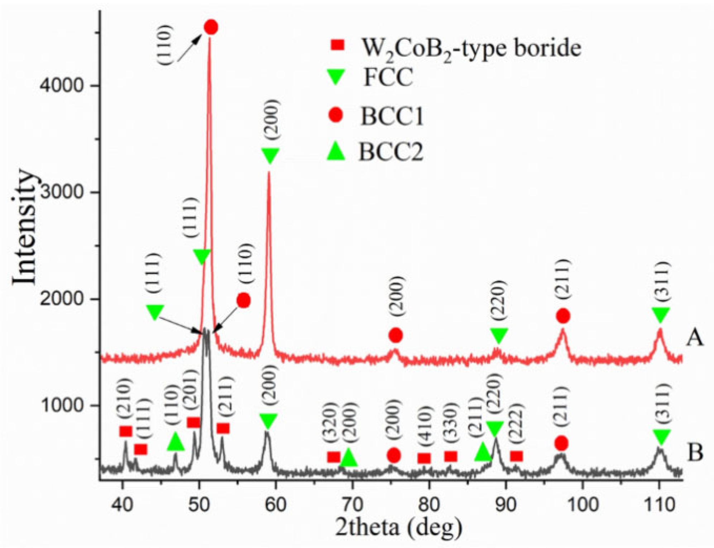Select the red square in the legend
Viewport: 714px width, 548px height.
pos(337,45)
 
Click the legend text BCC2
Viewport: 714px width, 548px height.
pos(391,152)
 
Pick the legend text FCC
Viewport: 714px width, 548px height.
pos(388,77)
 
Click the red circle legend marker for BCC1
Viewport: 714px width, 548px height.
pos(336,115)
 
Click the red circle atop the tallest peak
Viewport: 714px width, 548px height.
pos(211,27)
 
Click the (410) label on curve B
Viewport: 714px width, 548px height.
pos(426,428)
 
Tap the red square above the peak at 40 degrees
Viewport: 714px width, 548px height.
pos(126,432)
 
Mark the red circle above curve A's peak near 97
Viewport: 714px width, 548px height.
pos(563,316)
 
